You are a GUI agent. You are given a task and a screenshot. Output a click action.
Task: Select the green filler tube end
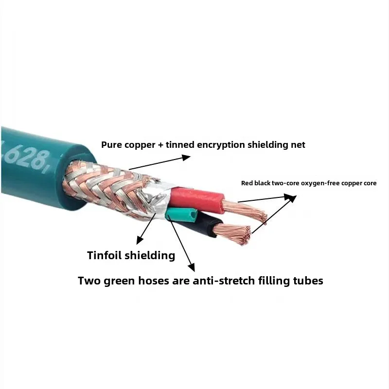click(x=181, y=214)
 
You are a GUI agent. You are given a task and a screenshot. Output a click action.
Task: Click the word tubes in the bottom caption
click(x=306, y=281)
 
